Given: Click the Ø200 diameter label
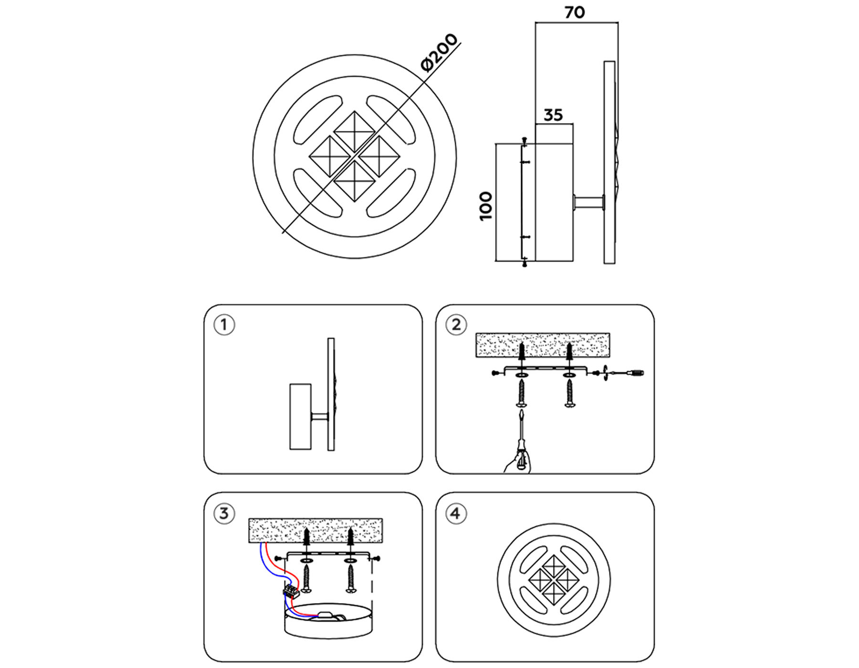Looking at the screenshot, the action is [439, 52].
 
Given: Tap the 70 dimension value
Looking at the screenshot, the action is [575, 12].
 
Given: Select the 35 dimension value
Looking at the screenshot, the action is [553, 115].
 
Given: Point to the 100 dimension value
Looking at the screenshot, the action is [486, 206].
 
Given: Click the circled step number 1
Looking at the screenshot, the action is [224, 325].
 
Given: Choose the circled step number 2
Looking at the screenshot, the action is [456, 325].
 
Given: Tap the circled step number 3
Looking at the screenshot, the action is [224, 514].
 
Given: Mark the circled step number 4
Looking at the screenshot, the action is [456, 514].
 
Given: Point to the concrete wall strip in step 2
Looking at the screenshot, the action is [543, 345].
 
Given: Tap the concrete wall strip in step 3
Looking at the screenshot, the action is [315, 530].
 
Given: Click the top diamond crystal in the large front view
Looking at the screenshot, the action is [355, 132].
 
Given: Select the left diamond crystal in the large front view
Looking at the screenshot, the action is [330, 157].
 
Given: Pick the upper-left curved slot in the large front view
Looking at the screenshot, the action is [317, 120].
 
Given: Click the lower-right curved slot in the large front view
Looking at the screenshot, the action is [391, 193].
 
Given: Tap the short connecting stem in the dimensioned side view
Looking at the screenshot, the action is [589, 202].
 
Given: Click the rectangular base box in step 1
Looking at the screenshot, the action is [301, 417].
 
